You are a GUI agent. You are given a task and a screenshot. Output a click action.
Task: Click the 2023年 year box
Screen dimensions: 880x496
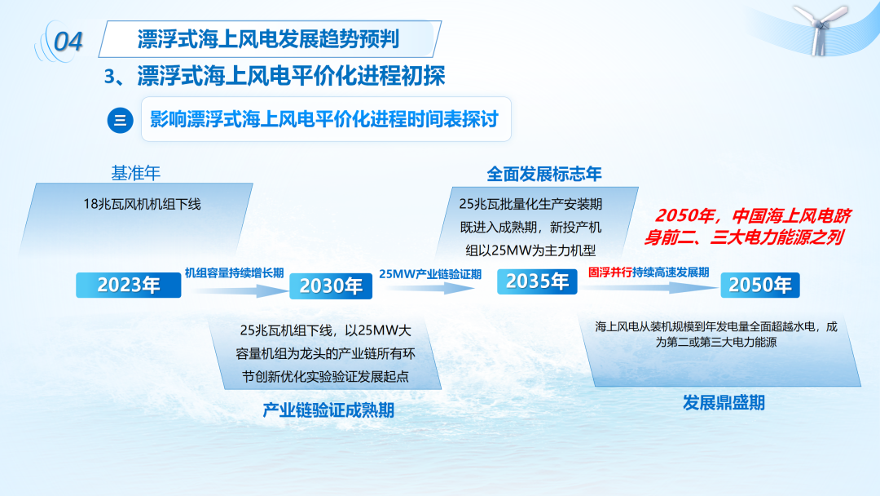[129, 285]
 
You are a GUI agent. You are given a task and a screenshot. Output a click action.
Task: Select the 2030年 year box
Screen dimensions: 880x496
[331, 286]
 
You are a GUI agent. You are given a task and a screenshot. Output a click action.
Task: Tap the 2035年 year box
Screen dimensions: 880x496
[537, 281]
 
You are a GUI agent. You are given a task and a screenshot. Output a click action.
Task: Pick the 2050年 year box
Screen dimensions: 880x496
[760, 285]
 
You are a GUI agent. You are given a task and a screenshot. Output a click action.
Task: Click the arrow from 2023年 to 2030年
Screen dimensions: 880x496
[240, 290]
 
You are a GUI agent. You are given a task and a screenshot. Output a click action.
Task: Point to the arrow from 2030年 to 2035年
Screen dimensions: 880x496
[430, 288]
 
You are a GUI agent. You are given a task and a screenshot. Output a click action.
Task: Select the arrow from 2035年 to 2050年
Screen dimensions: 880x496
[649, 287]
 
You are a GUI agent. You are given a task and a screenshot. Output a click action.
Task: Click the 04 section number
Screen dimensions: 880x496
[68, 42]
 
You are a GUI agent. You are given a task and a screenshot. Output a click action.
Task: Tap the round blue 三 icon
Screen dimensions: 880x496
[120, 120]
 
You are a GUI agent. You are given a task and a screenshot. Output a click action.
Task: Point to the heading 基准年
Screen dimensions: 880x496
[136, 173]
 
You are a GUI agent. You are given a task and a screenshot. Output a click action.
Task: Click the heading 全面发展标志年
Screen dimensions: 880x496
[543, 174]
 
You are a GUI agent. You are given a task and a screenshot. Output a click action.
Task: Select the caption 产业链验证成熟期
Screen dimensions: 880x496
[328, 410]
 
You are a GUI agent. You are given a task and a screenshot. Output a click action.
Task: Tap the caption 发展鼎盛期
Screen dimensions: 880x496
[724, 402]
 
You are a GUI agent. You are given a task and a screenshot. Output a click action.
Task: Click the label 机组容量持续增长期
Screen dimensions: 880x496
[234, 273]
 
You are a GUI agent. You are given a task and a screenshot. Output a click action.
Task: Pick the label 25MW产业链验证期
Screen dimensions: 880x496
[430, 274]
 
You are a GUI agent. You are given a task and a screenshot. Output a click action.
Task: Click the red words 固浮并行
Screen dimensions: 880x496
[610, 272]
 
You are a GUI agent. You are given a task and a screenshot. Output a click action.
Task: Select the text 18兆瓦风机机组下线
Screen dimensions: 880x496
[142, 204]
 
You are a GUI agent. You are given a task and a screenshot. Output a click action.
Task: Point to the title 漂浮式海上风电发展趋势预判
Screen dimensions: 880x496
[268, 39]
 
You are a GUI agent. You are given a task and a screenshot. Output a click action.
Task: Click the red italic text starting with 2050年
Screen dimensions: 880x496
[747, 226]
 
